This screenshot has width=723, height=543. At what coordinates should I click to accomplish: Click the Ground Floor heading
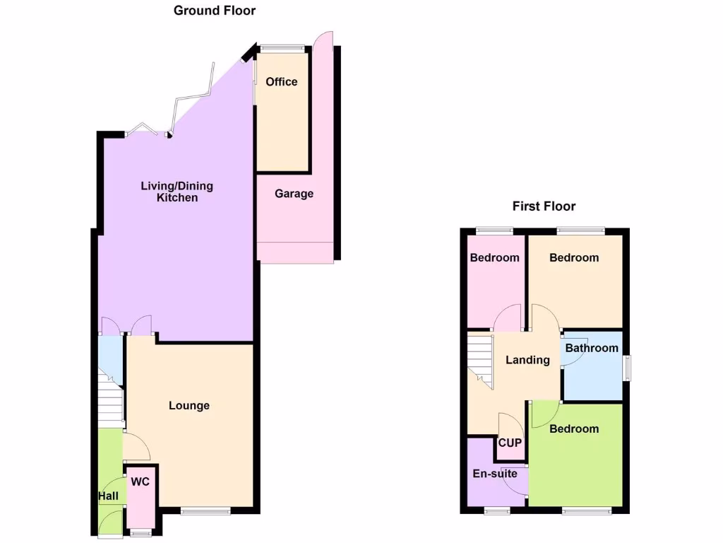tap(215, 11)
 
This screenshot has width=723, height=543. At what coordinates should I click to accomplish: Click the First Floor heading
tap(544, 206)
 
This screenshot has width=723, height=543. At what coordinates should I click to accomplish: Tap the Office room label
tap(282, 82)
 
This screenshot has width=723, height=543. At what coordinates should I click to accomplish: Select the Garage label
tap(294, 194)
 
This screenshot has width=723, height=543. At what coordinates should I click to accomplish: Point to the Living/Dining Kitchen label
tap(177, 192)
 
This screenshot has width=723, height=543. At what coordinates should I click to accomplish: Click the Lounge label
tap(189, 406)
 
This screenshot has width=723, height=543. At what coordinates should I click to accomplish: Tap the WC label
tap(140, 482)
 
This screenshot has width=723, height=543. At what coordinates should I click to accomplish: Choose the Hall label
tap(108, 497)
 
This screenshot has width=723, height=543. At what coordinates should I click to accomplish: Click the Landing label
tap(527, 360)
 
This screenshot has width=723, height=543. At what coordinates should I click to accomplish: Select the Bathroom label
tap(592, 348)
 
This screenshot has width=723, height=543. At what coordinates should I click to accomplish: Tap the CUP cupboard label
tap(510, 443)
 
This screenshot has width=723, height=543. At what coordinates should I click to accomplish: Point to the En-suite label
tap(495, 474)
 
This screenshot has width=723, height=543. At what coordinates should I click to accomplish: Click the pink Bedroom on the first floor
tap(495, 258)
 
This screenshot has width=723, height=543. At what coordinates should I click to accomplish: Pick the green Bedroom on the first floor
tap(574, 429)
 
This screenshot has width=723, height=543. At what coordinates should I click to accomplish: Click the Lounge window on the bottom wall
tap(205, 510)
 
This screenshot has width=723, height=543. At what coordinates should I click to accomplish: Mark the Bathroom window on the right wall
tap(627, 368)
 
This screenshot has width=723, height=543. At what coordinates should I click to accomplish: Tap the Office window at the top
tap(282, 48)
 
